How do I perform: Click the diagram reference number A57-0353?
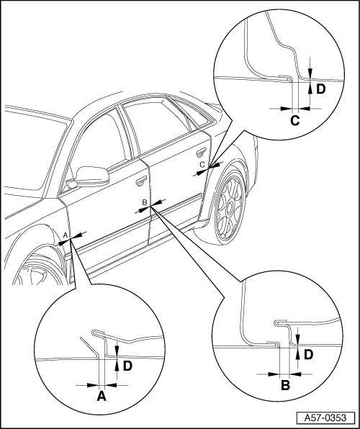coord(325,417)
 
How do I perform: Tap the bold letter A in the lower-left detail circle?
coord(102,396)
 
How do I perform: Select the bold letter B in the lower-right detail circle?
coord(285,386)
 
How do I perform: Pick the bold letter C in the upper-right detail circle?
coord(295,121)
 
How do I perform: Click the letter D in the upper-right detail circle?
coord(321,89)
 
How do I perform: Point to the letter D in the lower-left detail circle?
coord(127,366)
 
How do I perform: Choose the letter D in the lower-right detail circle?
coord(308,355)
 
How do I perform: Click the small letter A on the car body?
coord(65,235)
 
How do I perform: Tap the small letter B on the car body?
coord(145,202)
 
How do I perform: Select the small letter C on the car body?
coord(202,165)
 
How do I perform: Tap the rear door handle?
coord(201,152)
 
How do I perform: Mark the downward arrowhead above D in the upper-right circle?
coord(310,73)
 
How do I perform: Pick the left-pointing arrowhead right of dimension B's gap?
coord(296,374)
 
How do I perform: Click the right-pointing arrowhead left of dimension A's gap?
coord(93,385)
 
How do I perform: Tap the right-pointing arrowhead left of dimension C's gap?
coord(287,109)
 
